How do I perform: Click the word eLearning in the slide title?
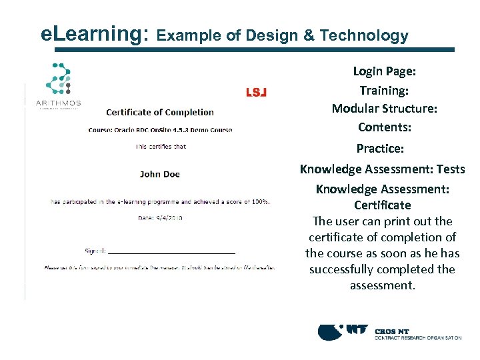[94, 34]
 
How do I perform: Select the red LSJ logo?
[256, 93]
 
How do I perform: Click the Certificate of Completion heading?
[160, 113]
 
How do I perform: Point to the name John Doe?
[160, 174]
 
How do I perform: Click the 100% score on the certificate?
[259, 201]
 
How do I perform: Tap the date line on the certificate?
[160, 217]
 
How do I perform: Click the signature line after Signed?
[171, 252]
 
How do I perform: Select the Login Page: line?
[384, 71]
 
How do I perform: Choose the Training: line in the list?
[384, 90]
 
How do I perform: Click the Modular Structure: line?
[384, 109]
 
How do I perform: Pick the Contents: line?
[384, 127]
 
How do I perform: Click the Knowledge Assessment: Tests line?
[382, 169]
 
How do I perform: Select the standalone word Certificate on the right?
[382, 205]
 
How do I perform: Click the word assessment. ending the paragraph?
[382, 285]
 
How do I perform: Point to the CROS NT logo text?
[393, 331]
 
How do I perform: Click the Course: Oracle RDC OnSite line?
[160, 129]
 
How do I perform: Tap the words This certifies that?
[161, 147]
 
